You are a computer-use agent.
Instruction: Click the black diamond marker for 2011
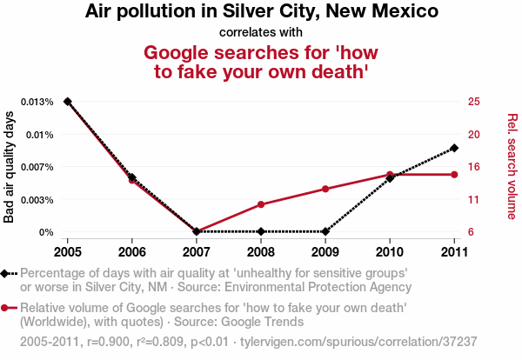tap(454, 148)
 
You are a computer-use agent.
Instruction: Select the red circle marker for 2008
tap(261, 204)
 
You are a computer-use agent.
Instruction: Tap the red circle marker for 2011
tap(454, 175)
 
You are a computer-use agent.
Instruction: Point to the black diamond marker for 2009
tap(325, 231)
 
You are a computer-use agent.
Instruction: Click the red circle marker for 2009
tap(325, 189)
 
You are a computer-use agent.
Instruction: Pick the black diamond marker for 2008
tap(261, 231)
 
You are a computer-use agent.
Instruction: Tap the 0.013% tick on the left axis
tap(35, 102)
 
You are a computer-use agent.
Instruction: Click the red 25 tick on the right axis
tap(473, 102)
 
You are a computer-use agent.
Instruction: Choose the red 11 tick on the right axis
tap(473, 200)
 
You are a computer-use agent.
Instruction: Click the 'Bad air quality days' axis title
tap(10, 167)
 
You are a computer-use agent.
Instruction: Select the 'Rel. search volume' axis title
tap(512, 167)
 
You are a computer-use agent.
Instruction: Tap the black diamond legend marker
tap(6, 273)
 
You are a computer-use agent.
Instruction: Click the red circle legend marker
tap(6, 308)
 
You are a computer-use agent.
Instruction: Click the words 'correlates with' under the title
tap(261, 33)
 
